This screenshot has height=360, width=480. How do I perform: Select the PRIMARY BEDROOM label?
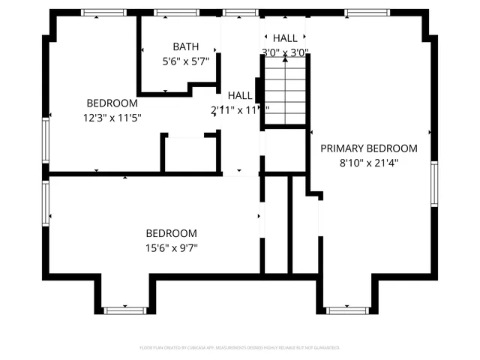pos(368,148)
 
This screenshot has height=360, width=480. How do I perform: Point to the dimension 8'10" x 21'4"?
pos(368,162)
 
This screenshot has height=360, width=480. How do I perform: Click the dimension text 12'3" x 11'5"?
pos(112,117)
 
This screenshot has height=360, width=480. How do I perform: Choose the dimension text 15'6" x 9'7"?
pos(171,247)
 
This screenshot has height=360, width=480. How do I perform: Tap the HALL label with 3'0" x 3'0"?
pos(285,37)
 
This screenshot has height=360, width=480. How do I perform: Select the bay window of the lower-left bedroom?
pos(124,310)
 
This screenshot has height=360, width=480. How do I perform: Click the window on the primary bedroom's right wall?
pos(434,184)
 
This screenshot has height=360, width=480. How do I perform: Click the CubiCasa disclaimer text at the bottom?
pos(240,348)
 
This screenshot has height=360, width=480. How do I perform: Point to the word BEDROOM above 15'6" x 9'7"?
pos(171,233)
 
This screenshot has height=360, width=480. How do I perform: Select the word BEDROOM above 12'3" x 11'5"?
pos(112,103)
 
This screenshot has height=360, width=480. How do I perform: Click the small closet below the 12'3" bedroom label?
pos(189,154)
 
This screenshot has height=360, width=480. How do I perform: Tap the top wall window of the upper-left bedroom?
pos(103,13)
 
